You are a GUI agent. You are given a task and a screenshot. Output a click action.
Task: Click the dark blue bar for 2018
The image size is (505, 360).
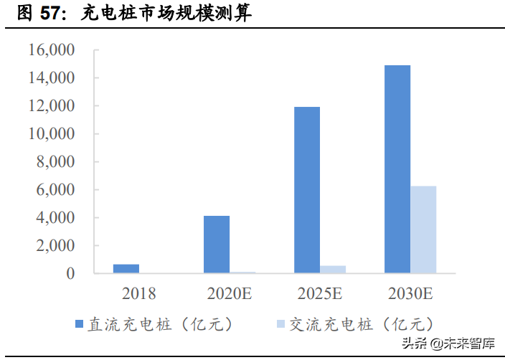coord(126,268)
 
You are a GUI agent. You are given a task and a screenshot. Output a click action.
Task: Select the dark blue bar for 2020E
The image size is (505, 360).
coord(217,245)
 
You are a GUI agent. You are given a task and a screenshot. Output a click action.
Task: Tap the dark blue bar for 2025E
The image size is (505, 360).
coord(307,190)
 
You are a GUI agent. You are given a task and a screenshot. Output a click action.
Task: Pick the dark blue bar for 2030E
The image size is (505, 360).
coord(397,169)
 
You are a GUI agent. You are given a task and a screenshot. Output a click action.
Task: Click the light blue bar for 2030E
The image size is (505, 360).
coord(423,229)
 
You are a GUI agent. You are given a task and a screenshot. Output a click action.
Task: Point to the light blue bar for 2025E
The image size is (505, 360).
coord(333,270)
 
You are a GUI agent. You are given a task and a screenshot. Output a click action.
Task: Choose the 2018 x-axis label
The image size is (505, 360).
coord(139,293)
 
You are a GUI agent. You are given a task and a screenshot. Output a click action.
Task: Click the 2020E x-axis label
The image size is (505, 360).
coord(230,293)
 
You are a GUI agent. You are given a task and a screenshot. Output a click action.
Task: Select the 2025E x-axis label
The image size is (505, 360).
coord(320,293)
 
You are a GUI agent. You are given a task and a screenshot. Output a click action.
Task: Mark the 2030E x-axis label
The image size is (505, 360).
coord(410,293)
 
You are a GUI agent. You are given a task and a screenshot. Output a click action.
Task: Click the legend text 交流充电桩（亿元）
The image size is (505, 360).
coord(362,325)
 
